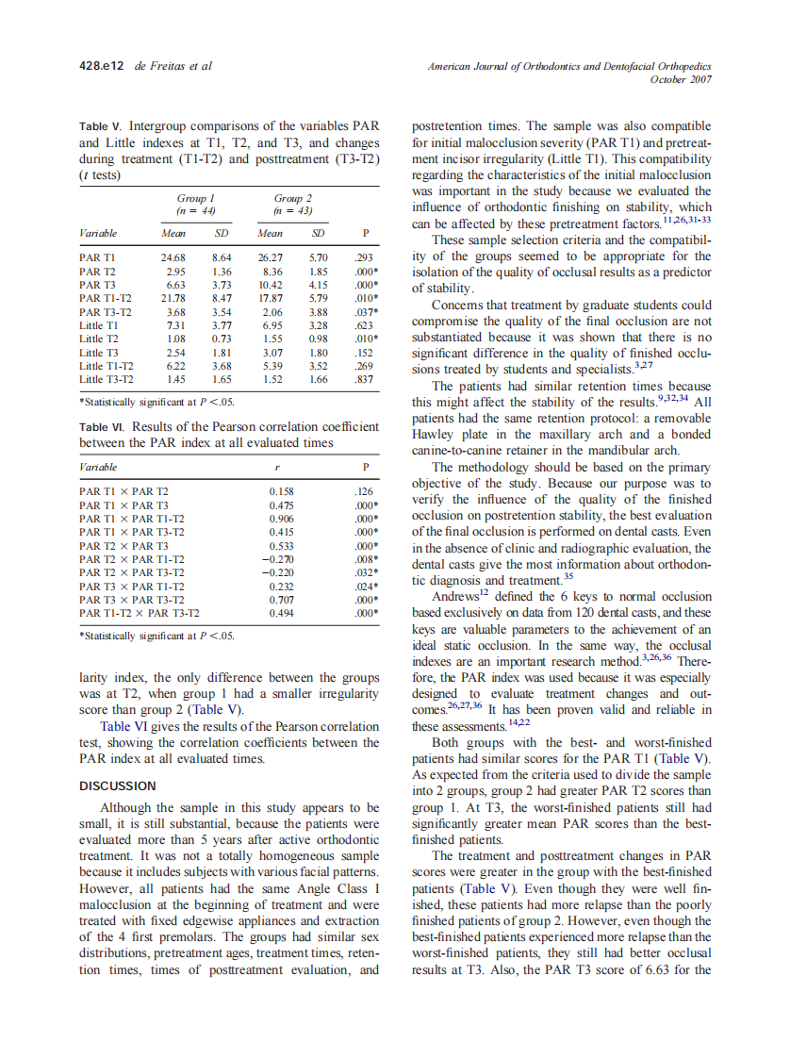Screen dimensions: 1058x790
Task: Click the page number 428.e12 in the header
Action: pos(100,66)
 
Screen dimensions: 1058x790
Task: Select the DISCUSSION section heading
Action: pos(118,785)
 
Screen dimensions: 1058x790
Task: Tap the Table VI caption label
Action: pos(102,426)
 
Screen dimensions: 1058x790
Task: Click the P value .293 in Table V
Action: pos(363,256)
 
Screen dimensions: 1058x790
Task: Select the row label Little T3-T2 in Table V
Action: pos(107,379)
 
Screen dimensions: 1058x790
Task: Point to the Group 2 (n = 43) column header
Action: pos(293,206)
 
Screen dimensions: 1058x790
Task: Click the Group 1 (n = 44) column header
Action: pos(197,206)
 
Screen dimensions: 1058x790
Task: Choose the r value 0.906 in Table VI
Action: pos(281,519)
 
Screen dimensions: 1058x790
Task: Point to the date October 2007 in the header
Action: pos(681,79)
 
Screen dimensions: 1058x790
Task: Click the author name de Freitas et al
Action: pos(174,66)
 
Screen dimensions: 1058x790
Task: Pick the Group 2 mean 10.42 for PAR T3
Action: pos(270,284)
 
